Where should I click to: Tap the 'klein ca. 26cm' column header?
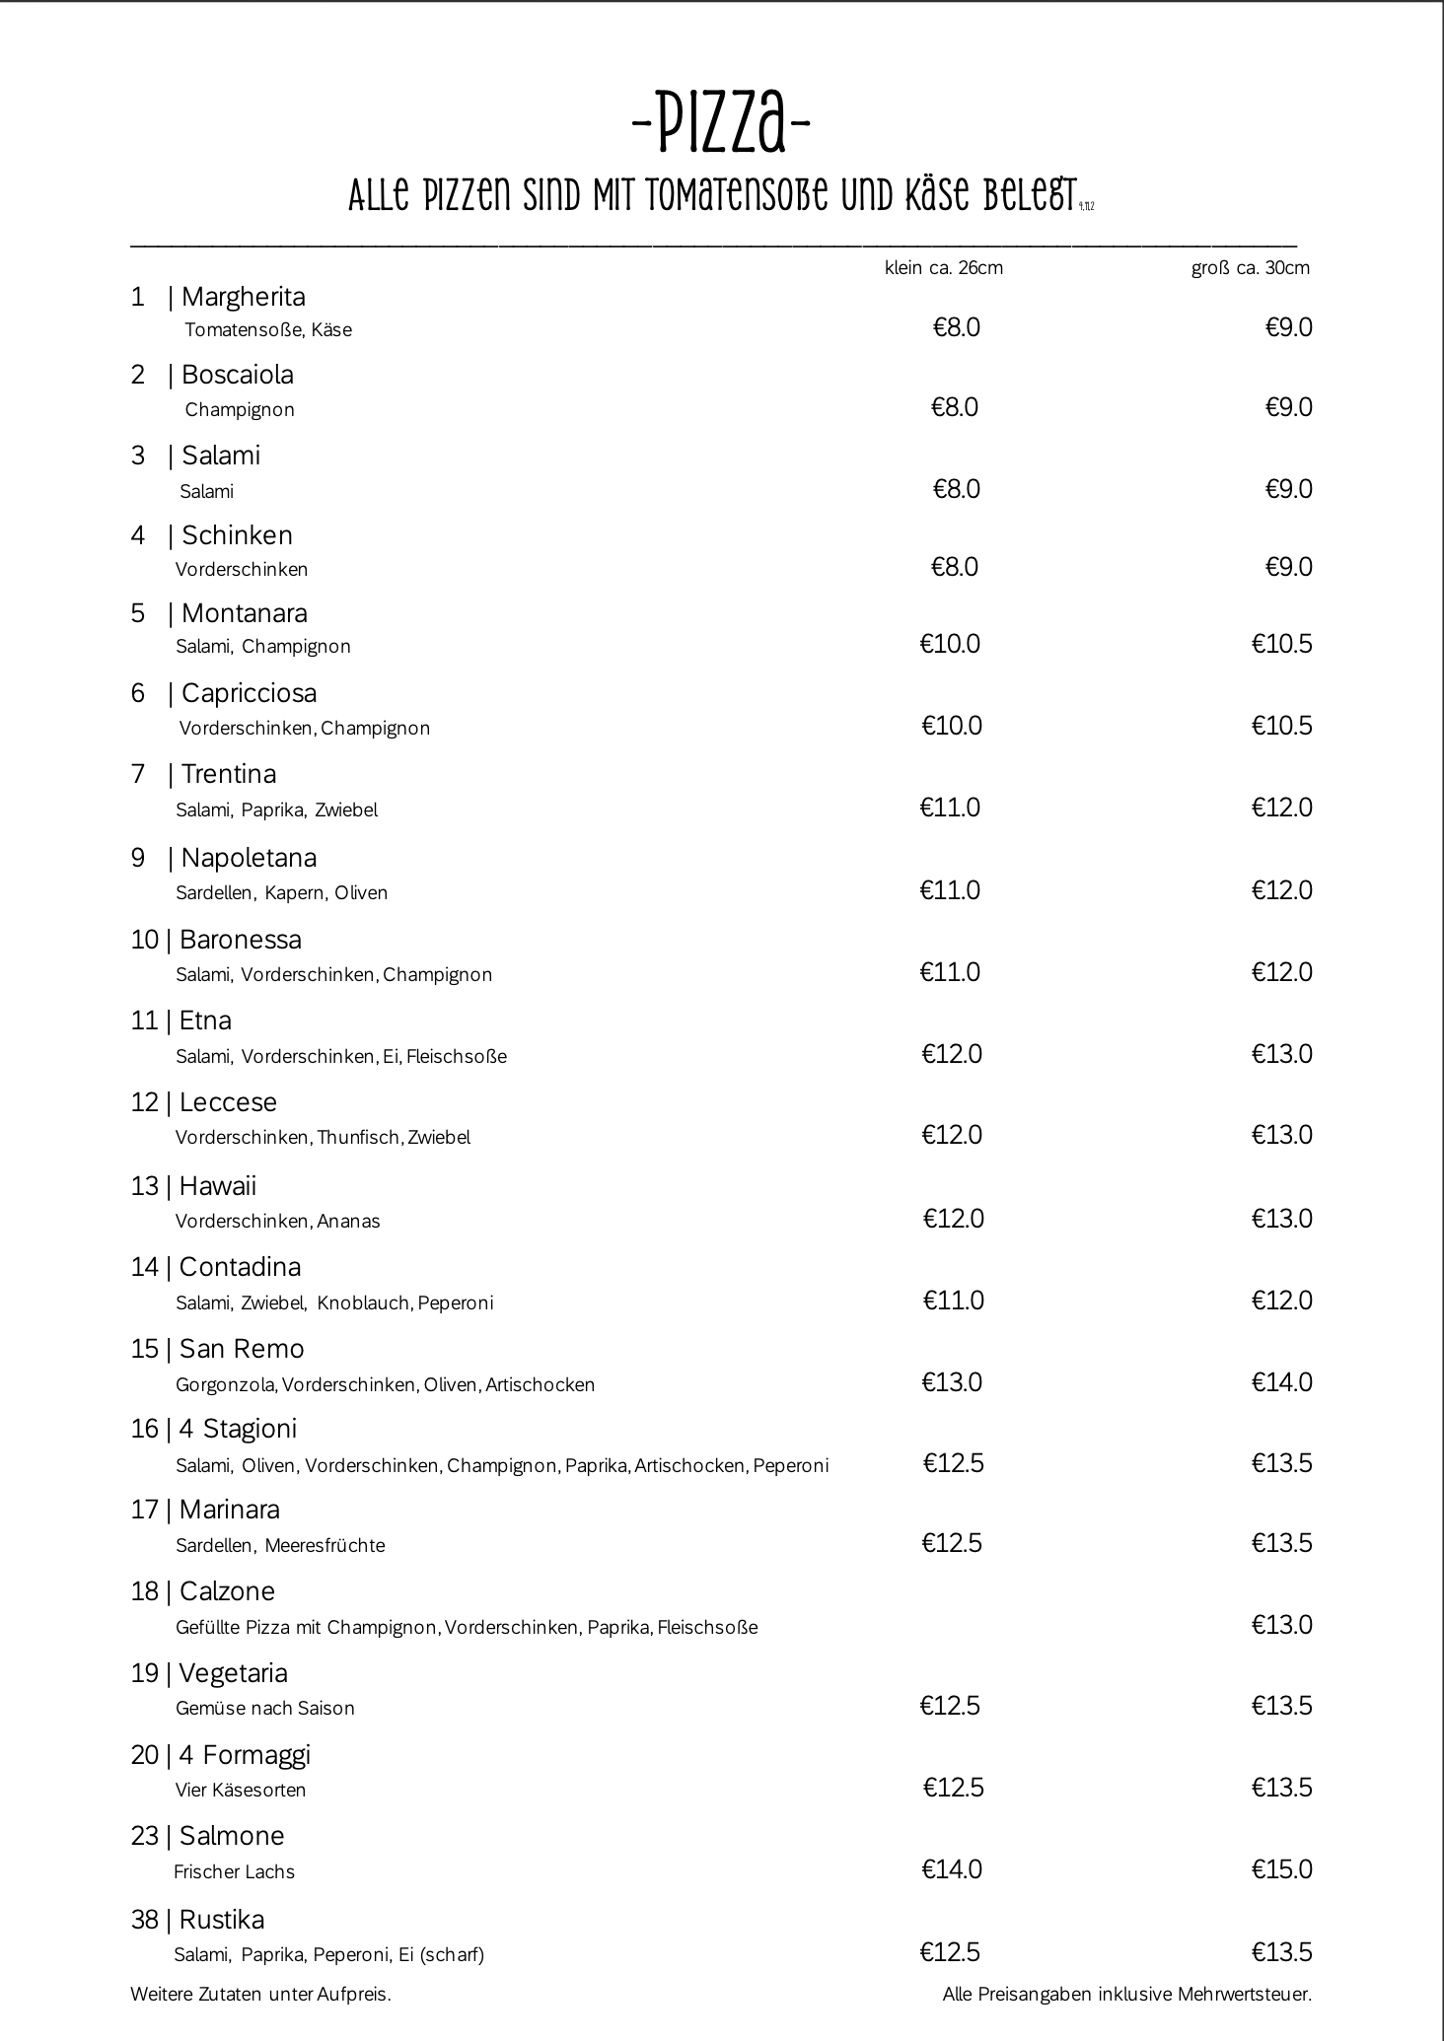(944, 268)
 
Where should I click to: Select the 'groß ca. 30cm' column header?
(1250, 268)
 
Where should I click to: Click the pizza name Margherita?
(243, 297)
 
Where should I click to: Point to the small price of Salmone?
(952, 1869)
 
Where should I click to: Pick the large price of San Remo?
(1282, 1382)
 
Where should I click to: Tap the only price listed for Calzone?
(1282, 1625)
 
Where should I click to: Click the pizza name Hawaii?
(218, 1186)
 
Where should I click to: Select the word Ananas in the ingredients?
(348, 1222)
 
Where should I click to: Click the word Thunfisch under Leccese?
(359, 1138)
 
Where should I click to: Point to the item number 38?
(144, 1920)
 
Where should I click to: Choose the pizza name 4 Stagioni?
(238, 1429)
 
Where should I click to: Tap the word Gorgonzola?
(227, 1385)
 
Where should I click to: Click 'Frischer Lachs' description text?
(234, 1872)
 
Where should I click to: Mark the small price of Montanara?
(950, 645)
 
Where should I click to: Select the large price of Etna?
(1282, 1054)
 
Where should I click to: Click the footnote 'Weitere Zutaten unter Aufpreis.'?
(260, 1995)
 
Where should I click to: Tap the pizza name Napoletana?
(249, 858)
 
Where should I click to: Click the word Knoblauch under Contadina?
(363, 1303)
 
